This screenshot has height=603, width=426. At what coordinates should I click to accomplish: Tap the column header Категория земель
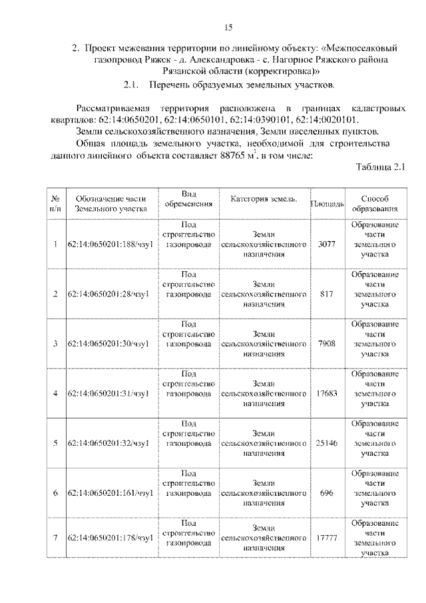[x=264, y=200]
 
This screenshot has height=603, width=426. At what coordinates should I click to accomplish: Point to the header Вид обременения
[x=190, y=199]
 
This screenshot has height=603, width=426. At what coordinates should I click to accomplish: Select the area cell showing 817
[x=326, y=294]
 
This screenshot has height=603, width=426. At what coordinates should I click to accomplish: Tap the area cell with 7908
[x=326, y=343]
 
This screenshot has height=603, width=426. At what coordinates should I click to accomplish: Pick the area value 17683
[x=326, y=393]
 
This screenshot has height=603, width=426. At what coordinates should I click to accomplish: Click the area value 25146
[x=326, y=442]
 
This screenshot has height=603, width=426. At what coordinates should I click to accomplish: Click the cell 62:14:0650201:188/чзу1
[x=110, y=245]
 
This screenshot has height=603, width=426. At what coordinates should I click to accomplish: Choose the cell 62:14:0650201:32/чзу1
[x=110, y=443]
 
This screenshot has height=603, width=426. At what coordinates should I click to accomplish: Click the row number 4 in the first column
[x=55, y=393]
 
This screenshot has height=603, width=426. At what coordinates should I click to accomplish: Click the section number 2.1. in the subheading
[x=134, y=86]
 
